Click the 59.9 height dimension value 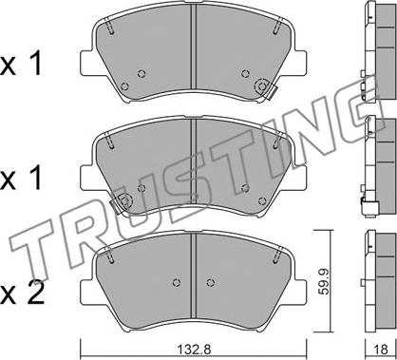323,281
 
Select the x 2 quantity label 22,294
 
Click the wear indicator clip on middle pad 121,202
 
